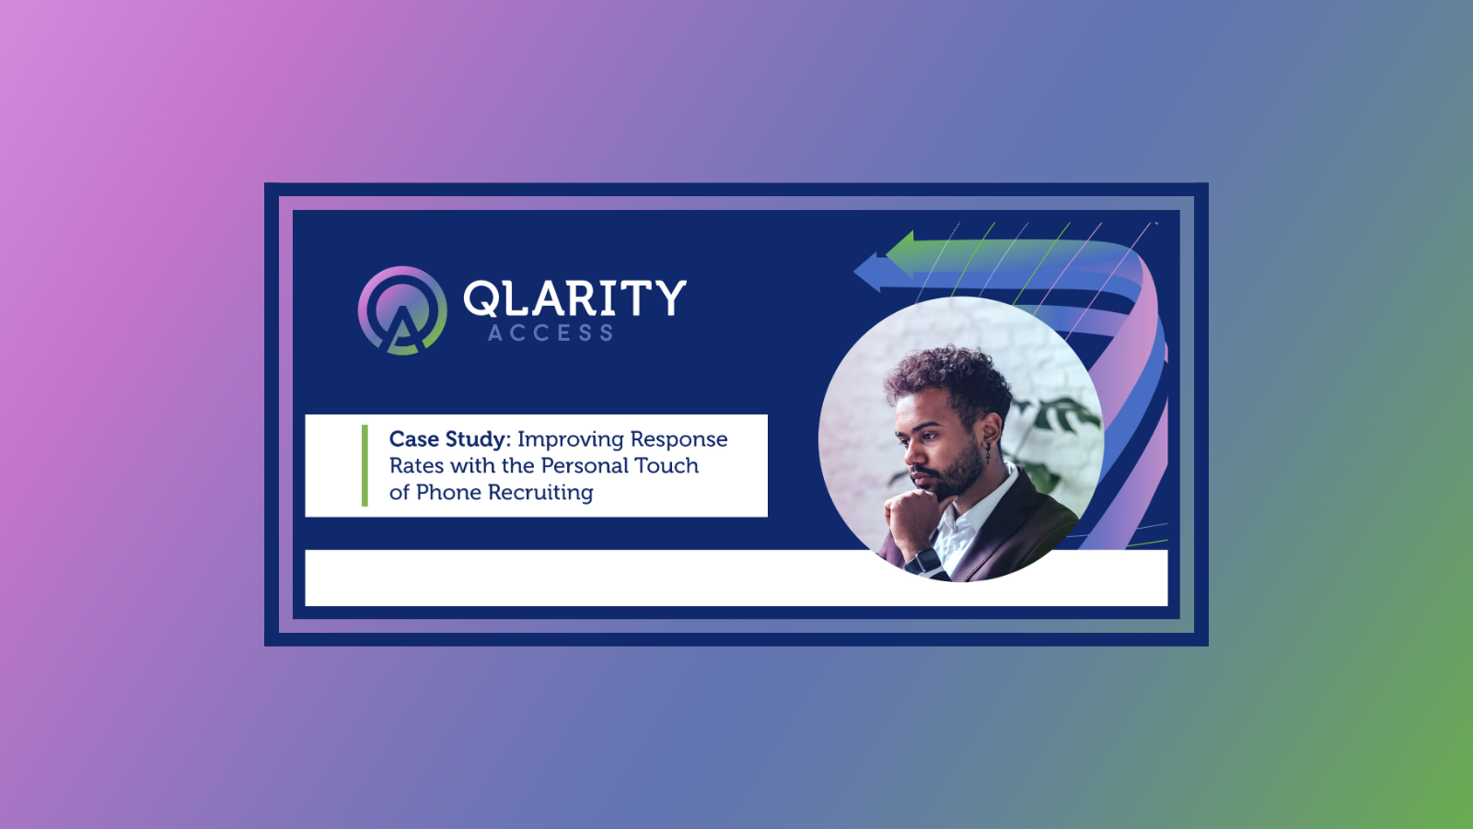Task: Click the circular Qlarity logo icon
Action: click(x=402, y=310)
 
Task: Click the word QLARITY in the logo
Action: click(x=574, y=298)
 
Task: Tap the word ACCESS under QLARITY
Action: click(x=551, y=333)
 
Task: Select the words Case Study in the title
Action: click(x=448, y=439)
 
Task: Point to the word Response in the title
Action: click(x=679, y=440)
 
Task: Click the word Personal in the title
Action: click(x=586, y=466)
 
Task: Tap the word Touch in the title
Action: click(x=667, y=466)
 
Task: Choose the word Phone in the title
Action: click(x=448, y=493)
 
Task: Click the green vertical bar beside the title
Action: click(x=365, y=465)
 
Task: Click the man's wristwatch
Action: click(x=927, y=560)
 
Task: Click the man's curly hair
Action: click(x=948, y=378)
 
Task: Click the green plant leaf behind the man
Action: click(x=1059, y=414)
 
